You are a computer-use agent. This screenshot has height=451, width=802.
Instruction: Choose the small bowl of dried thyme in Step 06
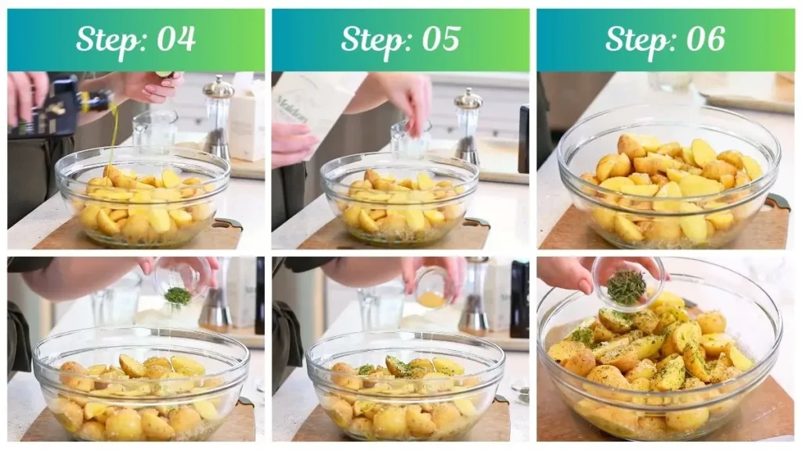click(627, 283)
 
